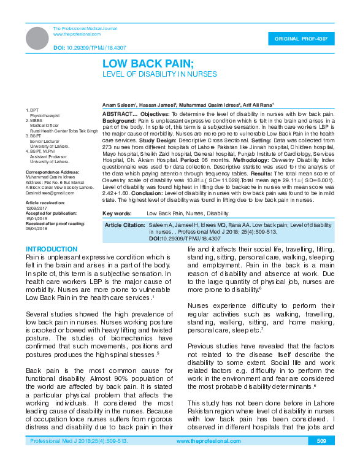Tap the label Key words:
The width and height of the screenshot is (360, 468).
coord(117,213)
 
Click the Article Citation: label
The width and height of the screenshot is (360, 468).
coord(125,226)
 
